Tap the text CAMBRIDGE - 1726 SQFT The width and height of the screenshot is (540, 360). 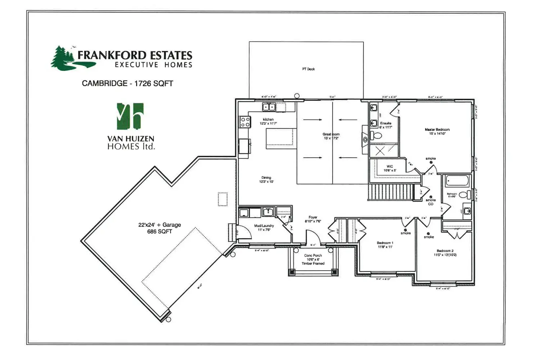(127, 84)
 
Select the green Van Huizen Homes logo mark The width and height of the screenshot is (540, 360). (130, 116)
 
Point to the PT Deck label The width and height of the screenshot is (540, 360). (309, 69)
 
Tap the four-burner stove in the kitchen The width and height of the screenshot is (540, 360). (246, 122)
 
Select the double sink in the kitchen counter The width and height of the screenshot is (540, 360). (269, 107)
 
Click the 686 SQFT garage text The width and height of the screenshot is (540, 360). (159, 231)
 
